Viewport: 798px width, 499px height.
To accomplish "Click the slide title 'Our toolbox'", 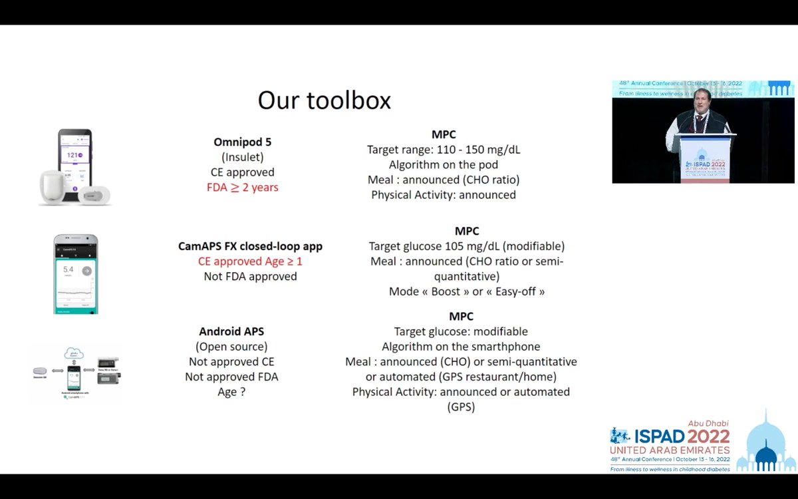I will pos(324,100).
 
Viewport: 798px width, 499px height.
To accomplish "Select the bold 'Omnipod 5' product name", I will pos(242,142).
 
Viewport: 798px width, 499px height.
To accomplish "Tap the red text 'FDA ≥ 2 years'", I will pos(242,187).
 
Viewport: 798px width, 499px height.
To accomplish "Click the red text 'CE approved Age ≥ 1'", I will pos(250,261).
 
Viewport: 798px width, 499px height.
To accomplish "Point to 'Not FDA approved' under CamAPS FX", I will pos(250,276).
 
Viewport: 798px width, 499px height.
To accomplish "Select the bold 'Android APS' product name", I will pos(231,331).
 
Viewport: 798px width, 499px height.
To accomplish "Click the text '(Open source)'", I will pos(231,346).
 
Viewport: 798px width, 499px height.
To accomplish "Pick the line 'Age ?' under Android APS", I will pos(231,392).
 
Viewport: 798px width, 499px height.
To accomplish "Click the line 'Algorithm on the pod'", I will pos(444,164).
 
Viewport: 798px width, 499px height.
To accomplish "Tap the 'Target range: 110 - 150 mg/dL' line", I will pos(444,149).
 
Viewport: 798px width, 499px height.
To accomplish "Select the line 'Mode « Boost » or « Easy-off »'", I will pos(467,291).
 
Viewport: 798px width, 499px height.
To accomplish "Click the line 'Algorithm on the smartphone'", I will pos(461,346).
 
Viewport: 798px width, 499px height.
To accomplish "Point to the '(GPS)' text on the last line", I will pos(461,407).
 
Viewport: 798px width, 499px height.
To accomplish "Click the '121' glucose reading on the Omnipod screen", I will pos(72,154).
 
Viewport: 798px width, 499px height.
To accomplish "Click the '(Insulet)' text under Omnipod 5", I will pos(242,157).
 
